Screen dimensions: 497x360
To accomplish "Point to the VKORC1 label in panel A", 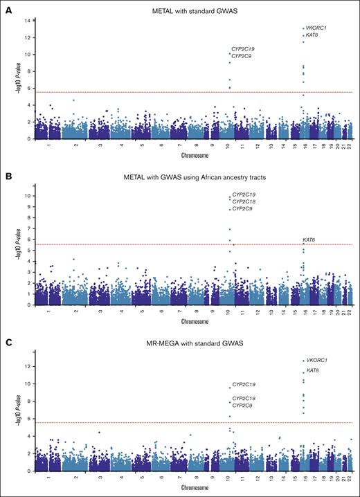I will click(x=317, y=27).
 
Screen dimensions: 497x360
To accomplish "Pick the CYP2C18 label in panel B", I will click(x=244, y=201).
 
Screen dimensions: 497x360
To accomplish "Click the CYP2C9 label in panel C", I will click(x=243, y=406).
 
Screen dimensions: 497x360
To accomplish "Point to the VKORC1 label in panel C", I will click(x=317, y=361).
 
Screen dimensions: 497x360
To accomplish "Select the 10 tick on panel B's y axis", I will click(x=25, y=195).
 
